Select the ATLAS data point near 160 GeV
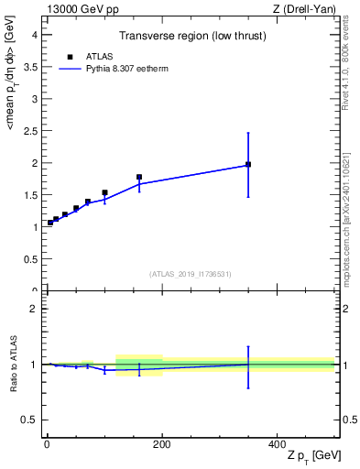coord(139,177)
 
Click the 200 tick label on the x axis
coord(162,443)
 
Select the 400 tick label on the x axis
coord(277,443)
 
